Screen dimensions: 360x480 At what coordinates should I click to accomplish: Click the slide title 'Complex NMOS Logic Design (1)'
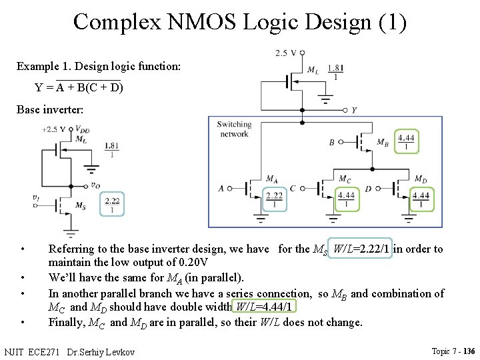239,21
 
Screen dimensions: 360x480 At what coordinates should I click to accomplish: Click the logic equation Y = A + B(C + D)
79,87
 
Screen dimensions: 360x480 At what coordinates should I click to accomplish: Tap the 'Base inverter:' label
50,109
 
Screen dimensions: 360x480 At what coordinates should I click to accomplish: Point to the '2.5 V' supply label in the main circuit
285,53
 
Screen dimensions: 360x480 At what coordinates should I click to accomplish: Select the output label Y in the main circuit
353,110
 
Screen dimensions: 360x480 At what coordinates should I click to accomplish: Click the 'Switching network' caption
234,129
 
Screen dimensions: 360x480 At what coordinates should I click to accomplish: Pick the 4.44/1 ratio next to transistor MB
406,142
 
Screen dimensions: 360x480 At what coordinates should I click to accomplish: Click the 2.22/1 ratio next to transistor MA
274,199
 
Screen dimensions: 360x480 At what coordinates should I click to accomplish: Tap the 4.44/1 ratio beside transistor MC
346,199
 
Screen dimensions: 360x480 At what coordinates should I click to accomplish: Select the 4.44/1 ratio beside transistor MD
421,199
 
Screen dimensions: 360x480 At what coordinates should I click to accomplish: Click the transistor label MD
421,179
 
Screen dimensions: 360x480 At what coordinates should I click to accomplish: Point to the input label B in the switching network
332,143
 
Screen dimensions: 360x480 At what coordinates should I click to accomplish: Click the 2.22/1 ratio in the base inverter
112,205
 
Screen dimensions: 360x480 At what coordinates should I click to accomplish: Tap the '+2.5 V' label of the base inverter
53,129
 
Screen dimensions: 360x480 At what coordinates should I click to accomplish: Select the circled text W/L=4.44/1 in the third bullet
263,307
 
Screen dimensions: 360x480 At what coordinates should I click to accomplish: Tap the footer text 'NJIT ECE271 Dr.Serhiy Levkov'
69,351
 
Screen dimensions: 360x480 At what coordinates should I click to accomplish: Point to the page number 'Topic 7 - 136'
453,351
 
